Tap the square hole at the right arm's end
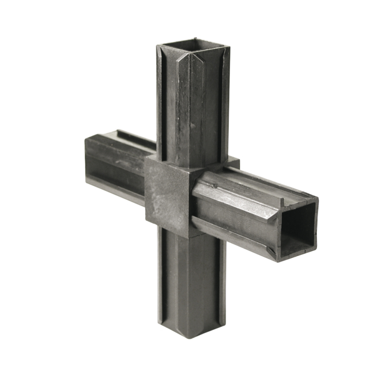pos(297,229)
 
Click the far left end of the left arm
pos(87,160)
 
